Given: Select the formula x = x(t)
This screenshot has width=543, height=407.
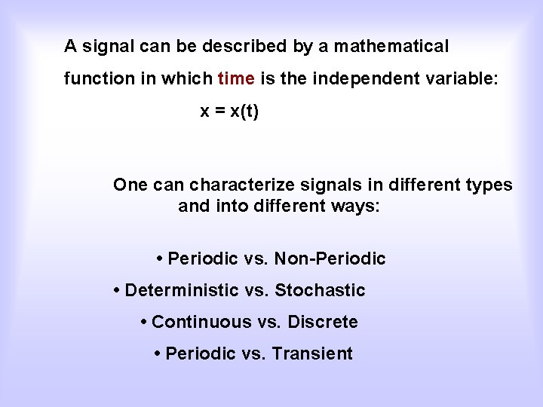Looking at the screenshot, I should [229, 112].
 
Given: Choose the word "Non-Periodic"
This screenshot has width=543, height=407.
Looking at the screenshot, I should [330, 259].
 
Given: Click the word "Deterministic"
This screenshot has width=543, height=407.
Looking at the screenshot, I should [181, 290].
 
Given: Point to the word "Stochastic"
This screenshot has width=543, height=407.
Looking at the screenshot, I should [320, 290].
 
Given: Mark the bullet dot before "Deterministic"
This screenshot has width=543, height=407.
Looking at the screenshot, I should [117, 290].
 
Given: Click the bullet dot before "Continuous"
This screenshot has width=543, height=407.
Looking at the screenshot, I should [143, 322].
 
